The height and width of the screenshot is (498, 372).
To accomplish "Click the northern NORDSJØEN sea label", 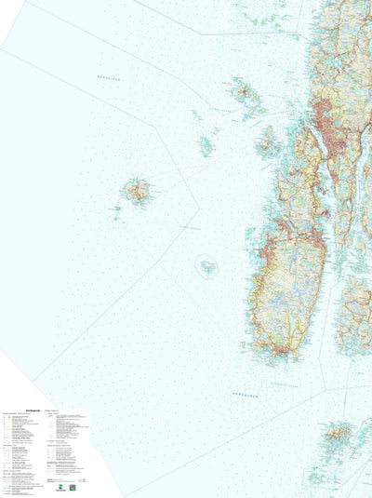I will pyautogui.click(x=110, y=78).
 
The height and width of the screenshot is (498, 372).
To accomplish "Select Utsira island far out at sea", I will pyautogui.click(x=137, y=193).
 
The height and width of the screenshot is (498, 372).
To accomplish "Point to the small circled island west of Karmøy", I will pyautogui.click(x=206, y=266).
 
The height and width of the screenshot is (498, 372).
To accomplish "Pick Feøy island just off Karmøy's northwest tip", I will pyautogui.click(x=268, y=143).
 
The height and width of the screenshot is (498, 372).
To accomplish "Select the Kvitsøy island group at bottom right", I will pyautogui.click(x=337, y=433).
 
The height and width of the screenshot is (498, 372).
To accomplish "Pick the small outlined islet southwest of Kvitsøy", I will pyautogui.click(x=316, y=478).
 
